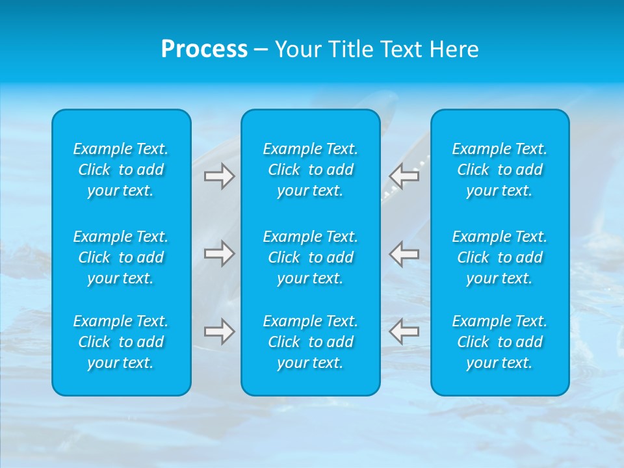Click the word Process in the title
[204, 49]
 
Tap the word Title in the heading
[351, 49]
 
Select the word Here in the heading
[454, 49]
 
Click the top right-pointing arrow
[220, 176]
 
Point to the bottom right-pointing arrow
[220, 331]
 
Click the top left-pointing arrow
[404, 176]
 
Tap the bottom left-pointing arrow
[404, 331]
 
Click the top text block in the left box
[121, 170]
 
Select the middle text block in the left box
[121, 257]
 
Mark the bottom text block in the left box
[121, 342]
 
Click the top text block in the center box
[311, 170]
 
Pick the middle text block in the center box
[311, 257]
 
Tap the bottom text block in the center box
[311, 342]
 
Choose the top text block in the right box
[500, 170]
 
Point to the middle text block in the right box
[500, 257]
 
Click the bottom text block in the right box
[500, 342]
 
